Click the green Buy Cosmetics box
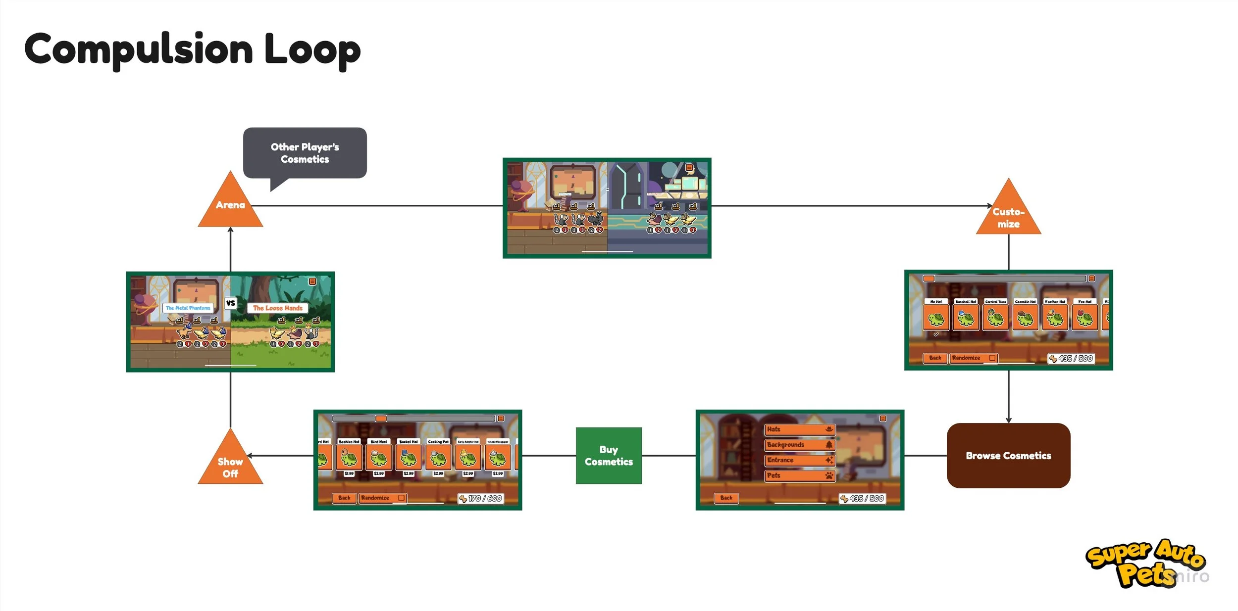[609, 456]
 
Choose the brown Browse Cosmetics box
[1008, 456]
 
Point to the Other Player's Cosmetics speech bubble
[305, 153]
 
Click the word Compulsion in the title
[139, 49]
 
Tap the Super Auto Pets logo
[1144, 564]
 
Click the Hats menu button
[799, 429]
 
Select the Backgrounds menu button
[799, 445]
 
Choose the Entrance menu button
[799, 460]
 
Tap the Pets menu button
[799, 475]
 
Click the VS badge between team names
[231, 303]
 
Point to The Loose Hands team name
[278, 308]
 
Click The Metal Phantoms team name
[188, 308]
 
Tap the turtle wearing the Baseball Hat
[966, 318]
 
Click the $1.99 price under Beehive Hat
[349, 473]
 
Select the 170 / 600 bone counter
[481, 499]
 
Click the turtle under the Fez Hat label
[1084, 318]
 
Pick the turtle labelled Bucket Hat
[409, 458]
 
